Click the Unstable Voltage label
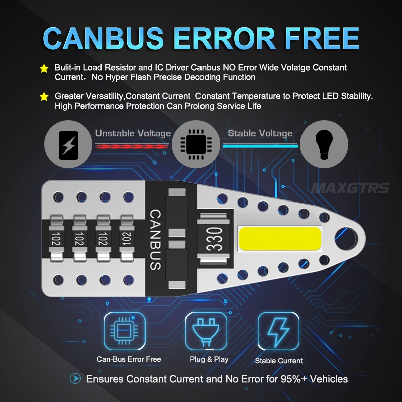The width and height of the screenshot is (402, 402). click(x=133, y=134)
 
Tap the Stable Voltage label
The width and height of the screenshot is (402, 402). click(x=260, y=133)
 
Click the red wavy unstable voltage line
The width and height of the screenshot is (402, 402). click(x=132, y=146)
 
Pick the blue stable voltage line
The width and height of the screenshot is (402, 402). click(x=260, y=146)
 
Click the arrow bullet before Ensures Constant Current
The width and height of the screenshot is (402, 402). click(x=75, y=378)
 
